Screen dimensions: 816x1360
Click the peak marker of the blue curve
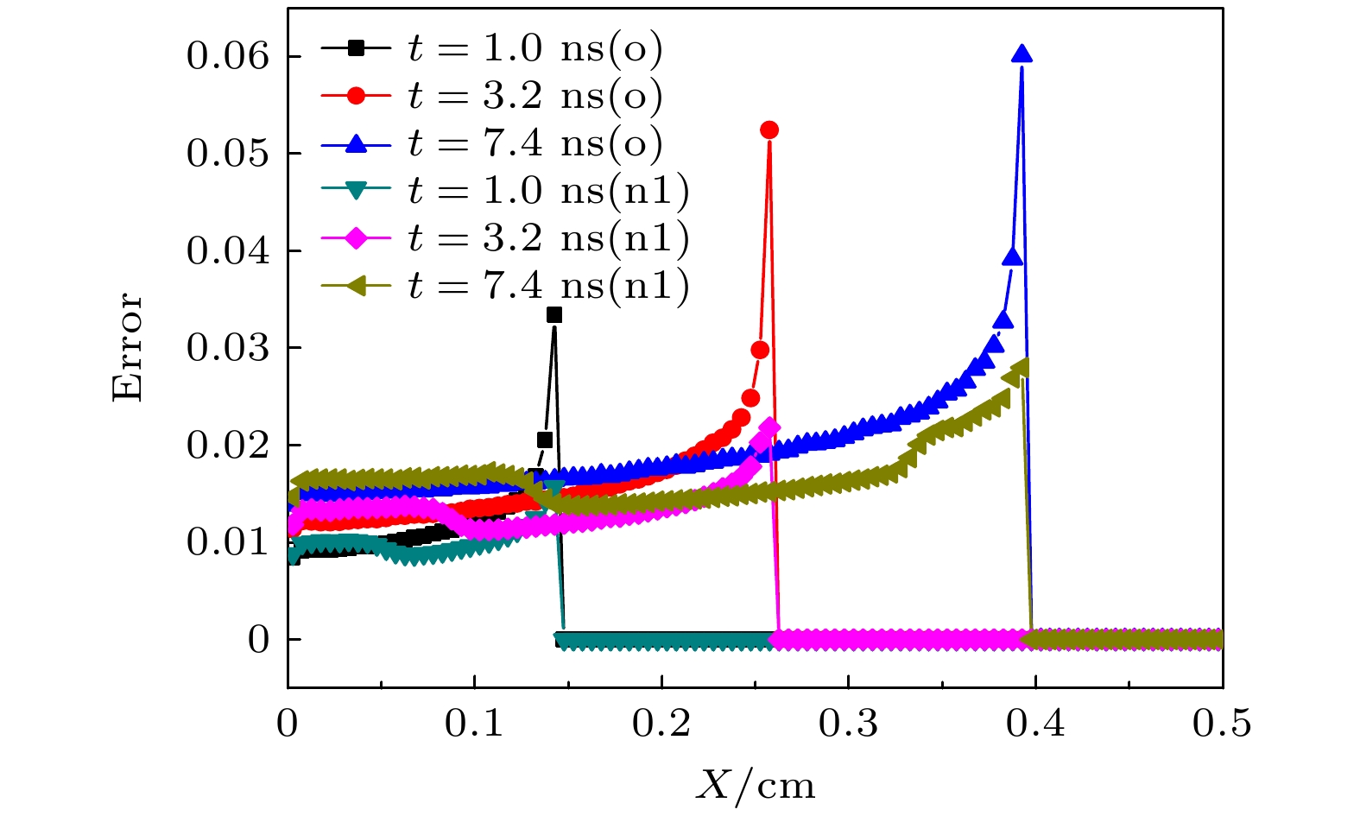click(1022, 54)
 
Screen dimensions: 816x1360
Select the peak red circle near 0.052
click(769, 130)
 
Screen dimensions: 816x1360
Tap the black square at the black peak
click(554, 315)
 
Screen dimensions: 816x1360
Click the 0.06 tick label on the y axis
click(228, 57)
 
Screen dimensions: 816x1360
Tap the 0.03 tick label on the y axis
click(228, 348)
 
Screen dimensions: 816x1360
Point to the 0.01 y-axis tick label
click(228, 542)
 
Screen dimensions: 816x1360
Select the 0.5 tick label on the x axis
click(1222, 724)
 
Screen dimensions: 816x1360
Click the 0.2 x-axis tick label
click(661, 724)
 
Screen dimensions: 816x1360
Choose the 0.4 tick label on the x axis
click(1035, 724)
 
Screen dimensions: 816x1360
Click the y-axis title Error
click(128, 347)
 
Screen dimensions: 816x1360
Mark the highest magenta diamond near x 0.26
click(769, 428)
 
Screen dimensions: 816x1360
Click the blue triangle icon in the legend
click(356, 144)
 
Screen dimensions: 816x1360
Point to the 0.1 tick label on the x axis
click(474, 724)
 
